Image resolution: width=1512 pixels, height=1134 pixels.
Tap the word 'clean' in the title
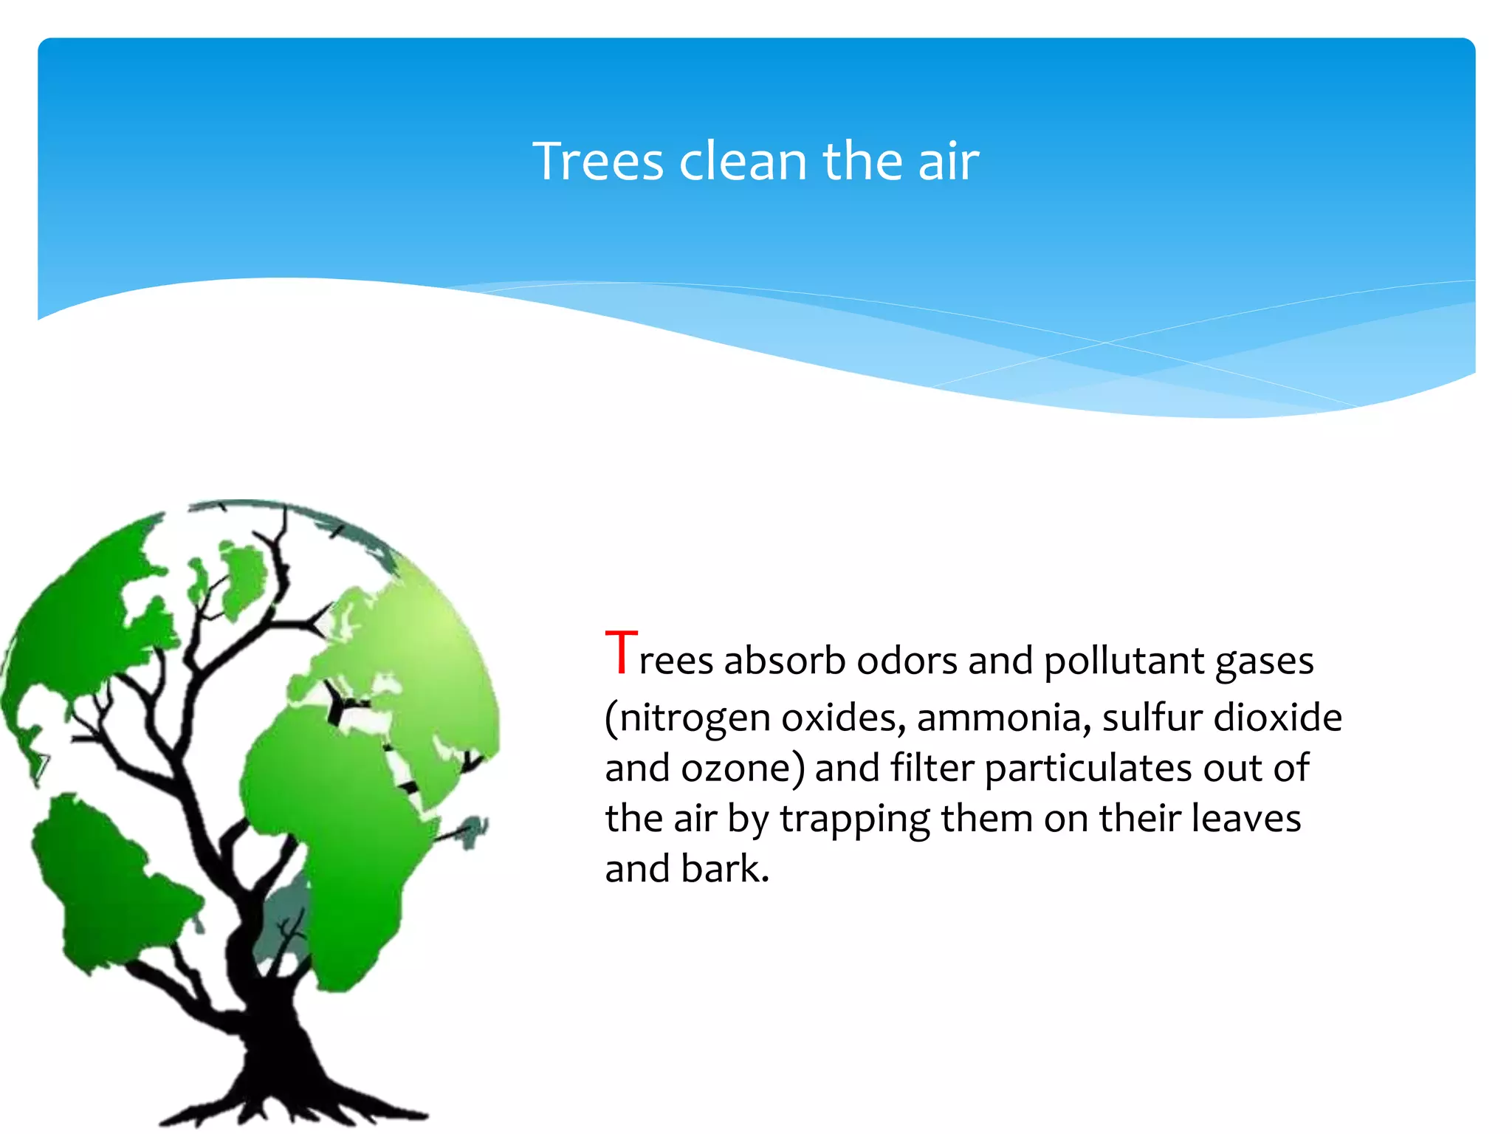pos(743,162)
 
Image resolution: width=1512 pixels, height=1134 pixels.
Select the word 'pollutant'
pos(1124,660)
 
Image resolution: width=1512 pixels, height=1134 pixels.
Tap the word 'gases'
pos(1264,661)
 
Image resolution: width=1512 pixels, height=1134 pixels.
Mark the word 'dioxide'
pos(1278,718)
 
